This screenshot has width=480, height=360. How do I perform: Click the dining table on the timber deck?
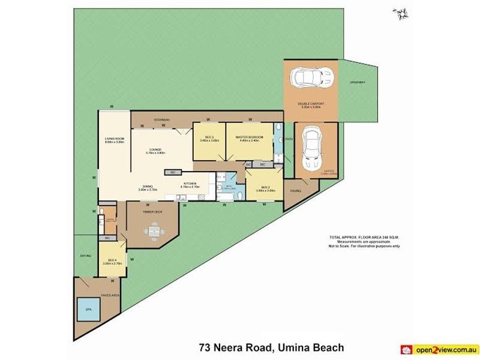pos(152,229)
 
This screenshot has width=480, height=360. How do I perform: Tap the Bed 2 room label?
pos(264,188)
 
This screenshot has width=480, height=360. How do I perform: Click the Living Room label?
pos(114,140)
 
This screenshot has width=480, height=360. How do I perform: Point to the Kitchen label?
pos(190,183)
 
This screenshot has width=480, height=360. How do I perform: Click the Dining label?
pos(147,187)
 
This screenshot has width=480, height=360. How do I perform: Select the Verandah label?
pos(162,119)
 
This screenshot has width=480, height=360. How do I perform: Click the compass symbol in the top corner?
pos(399,12)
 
